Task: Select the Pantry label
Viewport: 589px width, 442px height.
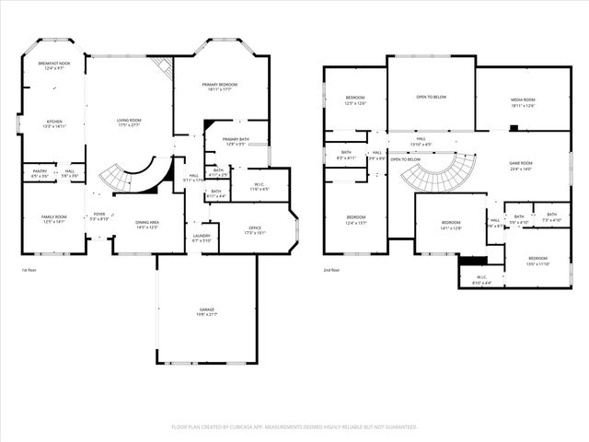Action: point(40,172)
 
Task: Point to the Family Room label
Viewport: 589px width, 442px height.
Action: point(54,219)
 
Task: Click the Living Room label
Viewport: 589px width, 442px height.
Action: point(129,122)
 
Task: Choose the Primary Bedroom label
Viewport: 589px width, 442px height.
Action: point(221,87)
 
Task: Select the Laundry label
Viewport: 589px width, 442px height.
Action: point(202,238)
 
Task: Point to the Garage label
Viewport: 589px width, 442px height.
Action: point(205,314)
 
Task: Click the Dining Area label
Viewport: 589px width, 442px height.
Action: point(147,225)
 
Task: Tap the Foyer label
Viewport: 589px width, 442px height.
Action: point(98,217)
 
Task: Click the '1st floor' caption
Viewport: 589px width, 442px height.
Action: point(30,270)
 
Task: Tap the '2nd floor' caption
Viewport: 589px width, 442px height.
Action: point(330,270)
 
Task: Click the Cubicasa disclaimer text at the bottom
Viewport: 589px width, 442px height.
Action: point(294,427)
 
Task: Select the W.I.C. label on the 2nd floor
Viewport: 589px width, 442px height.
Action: point(480,280)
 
